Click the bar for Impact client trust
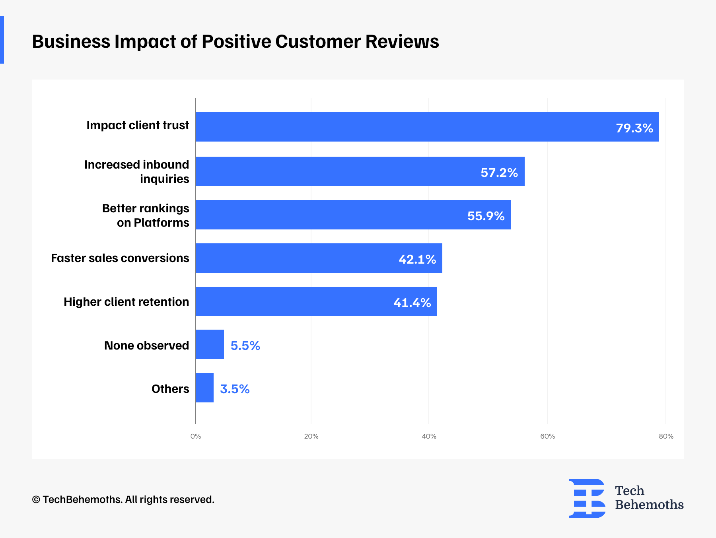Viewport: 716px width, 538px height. (427, 127)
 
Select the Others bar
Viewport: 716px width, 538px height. (204, 388)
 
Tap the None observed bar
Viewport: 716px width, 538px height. (210, 344)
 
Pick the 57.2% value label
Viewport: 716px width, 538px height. (499, 173)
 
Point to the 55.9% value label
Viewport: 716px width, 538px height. (486, 216)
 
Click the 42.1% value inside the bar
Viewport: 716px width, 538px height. (417, 259)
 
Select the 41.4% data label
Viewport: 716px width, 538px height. (412, 303)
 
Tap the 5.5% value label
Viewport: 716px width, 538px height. (245, 346)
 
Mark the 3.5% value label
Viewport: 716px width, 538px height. (235, 389)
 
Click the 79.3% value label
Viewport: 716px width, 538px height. (634, 128)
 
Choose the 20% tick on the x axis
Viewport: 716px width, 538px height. (311, 436)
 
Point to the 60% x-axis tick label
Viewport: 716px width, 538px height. (547, 436)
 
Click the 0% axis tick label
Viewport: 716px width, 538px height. (196, 436)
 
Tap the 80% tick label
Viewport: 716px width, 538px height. (666, 436)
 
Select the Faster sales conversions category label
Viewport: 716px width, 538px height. (120, 258)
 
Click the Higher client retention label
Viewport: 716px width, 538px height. (126, 302)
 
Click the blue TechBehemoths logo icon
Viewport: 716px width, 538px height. (587, 498)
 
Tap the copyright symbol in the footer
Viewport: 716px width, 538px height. (36, 500)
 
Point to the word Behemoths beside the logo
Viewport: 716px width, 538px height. (649, 505)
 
